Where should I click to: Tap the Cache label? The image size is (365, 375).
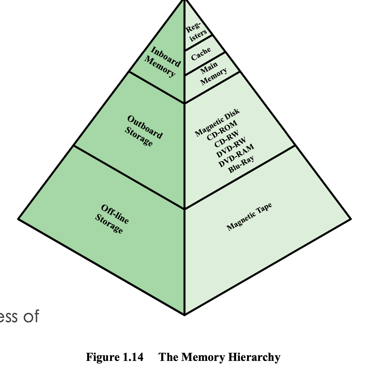201,54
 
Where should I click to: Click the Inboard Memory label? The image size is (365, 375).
162,61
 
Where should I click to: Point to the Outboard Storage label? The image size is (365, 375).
144,131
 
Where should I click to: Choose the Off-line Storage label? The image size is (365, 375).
112,219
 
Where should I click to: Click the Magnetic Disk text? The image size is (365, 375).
217,122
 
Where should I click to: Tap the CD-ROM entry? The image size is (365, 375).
222,130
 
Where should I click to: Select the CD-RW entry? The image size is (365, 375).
226,139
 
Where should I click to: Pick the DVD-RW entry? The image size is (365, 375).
231,147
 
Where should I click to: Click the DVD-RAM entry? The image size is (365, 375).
236,156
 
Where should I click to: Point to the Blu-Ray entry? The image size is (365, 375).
241,164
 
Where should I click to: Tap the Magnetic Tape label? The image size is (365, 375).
249,217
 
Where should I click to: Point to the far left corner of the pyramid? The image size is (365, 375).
18,219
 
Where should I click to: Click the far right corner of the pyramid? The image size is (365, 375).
351,219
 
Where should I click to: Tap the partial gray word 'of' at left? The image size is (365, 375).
31,316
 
